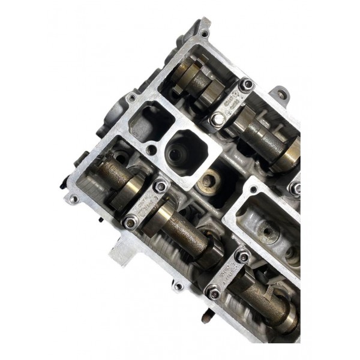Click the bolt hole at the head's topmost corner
pos(205,34)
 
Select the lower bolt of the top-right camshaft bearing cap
pos(215,120)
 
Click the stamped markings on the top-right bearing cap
pos(230,103)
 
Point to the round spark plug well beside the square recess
pos(184,150)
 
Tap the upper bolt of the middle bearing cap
pos(159,187)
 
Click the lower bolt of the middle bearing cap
pos(130,223)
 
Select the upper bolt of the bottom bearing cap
pos(242,257)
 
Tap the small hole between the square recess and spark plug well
pos(154,149)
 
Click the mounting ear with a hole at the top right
pos(281,95)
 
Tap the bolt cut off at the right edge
pos(295,189)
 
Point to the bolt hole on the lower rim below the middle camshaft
pos(178,286)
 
